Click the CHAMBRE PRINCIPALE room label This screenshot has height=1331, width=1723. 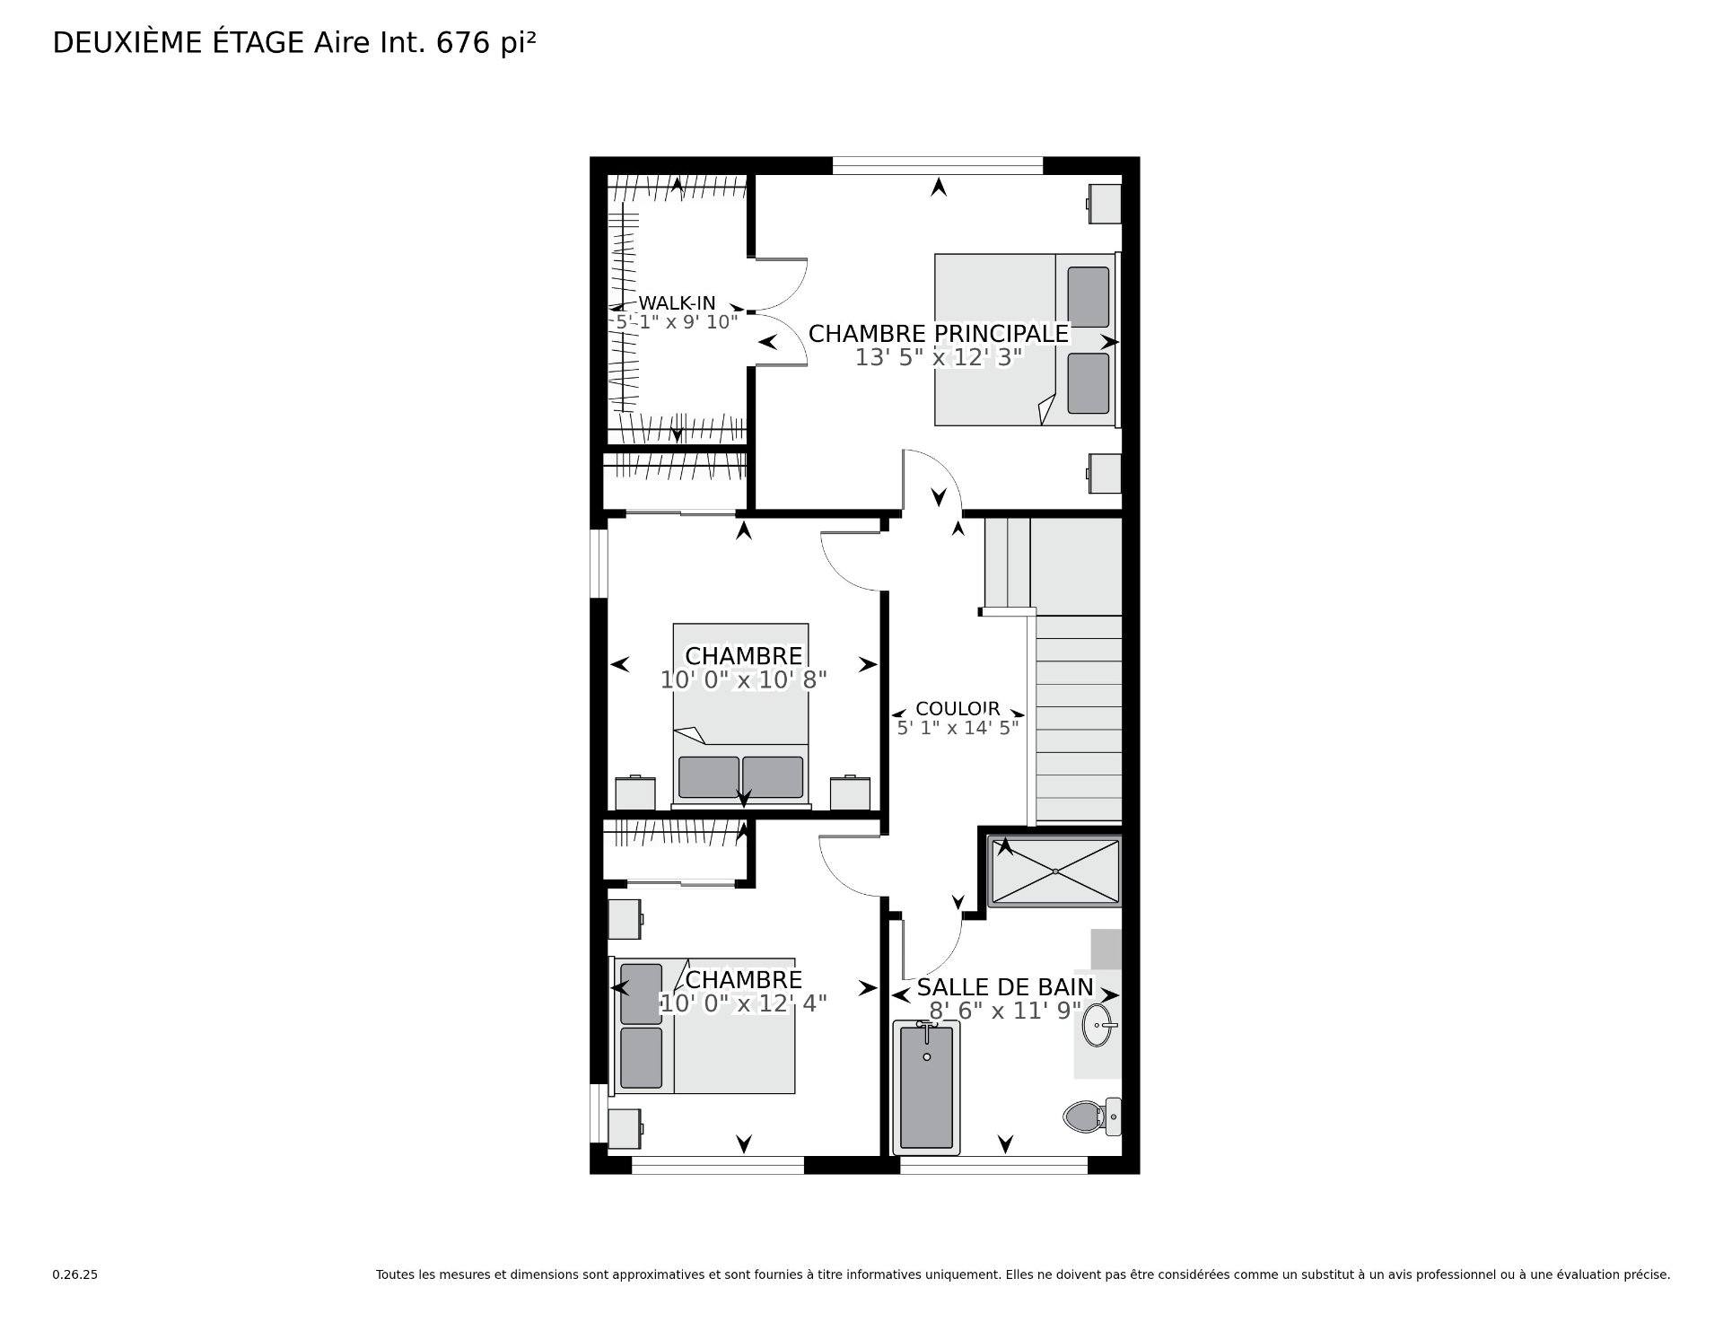[x=939, y=334]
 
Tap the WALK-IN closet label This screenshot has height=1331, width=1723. [x=677, y=303]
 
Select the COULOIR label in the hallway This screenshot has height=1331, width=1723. [x=958, y=709]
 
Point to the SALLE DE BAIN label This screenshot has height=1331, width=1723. [x=1005, y=987]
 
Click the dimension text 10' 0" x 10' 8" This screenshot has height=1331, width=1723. [x=743, y=680]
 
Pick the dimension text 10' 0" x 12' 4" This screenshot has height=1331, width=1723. [x=743, y=1003]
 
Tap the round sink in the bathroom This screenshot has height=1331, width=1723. [x=1100, y=1025]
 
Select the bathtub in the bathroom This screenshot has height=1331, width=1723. [x=926, y=1087]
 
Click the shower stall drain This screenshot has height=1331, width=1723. [x=1055, y=871]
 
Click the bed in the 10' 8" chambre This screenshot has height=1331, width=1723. [x=741, y=715]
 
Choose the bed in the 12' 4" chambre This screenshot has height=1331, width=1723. [x=704, y=1026]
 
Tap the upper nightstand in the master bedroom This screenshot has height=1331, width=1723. [x=1105, y=204]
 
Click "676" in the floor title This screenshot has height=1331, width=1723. [x=463, y=43]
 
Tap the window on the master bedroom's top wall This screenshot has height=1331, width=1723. [x=938, y=166]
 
